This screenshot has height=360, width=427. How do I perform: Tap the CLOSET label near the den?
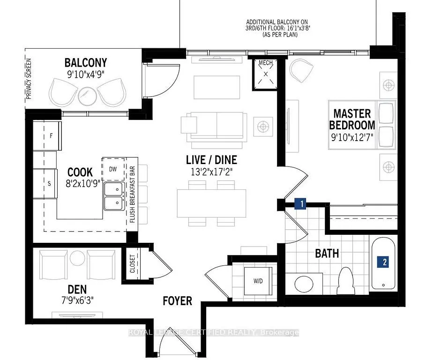133,264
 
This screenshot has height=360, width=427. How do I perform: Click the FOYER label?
177,300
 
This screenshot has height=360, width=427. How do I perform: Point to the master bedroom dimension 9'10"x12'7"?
352,139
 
